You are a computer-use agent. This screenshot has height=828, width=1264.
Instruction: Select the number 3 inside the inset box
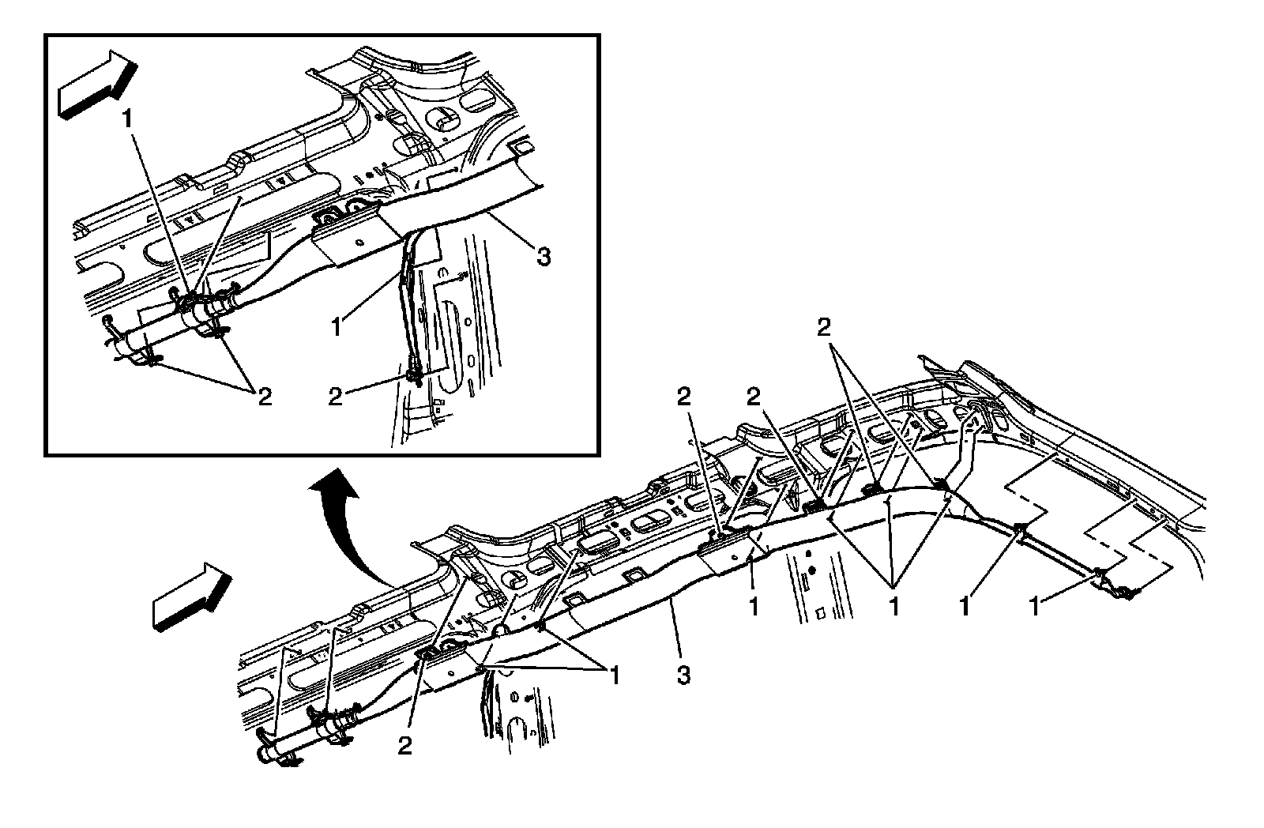543,256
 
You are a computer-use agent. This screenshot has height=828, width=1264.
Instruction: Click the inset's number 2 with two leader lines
264,396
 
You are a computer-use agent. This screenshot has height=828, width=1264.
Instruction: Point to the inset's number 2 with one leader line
336,396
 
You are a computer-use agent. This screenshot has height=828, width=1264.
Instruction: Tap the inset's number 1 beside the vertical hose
337,326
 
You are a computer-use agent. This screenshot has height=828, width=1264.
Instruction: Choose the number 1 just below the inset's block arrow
126,120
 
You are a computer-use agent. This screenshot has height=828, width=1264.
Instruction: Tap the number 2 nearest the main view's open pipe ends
405,746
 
